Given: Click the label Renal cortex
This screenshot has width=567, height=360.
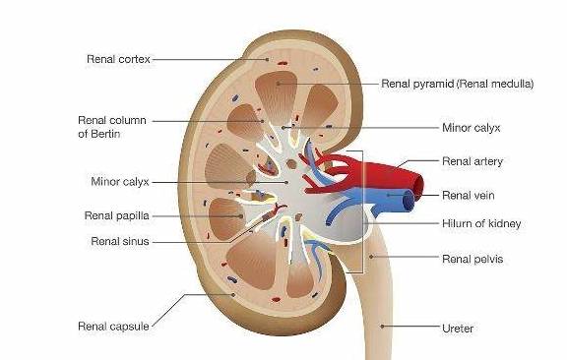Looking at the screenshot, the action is coord(118,59).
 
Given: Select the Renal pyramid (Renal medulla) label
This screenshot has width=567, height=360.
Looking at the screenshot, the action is coord(458,84).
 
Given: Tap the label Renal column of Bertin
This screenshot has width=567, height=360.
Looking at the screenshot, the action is coord(112,127).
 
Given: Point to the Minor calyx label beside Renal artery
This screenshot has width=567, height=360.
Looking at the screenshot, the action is coord(472,128).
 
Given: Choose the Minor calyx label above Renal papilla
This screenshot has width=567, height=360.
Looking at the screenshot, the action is coord(120,181).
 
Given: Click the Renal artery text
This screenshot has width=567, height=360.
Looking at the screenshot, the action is coord(472,161).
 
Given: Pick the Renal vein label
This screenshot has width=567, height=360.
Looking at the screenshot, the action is coord(469,196).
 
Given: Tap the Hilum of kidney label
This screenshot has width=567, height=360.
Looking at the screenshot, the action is coord(481,223).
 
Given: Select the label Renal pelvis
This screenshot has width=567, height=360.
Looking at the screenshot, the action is coord(472,259).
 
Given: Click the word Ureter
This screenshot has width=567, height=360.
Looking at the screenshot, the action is coord(458,329).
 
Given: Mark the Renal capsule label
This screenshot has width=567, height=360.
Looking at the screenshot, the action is coord(113,327).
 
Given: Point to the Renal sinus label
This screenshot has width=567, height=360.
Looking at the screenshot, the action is coord(120,241).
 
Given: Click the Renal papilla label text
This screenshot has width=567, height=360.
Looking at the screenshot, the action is coord(117,215).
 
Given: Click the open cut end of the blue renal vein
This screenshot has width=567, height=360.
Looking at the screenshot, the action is coord(409,201).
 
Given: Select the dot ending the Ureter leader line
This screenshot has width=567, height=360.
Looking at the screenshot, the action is coord(382,326).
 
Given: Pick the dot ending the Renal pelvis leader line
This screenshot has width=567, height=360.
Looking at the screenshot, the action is coord(371,257).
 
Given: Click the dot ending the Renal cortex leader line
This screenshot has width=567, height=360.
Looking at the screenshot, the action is coord(268,59).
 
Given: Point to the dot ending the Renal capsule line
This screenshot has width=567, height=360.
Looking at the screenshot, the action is coord(233,294).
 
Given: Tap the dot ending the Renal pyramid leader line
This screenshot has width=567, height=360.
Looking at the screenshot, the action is coord(278,84).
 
